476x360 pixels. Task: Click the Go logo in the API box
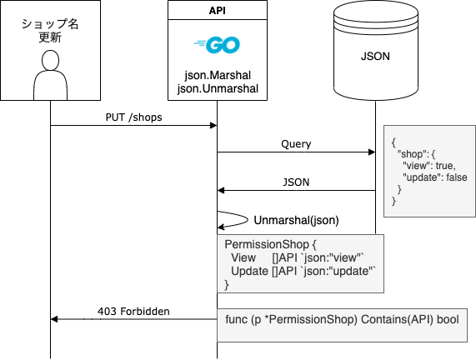coord(217,45)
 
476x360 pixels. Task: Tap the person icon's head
coord(50,60)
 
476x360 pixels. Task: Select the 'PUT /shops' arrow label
coord(133,117)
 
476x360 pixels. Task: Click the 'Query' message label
coord(296,144)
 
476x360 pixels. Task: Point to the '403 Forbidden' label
coord(133,312)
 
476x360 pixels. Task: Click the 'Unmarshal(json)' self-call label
coord(296,220)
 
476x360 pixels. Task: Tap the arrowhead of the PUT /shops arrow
coord(213,125)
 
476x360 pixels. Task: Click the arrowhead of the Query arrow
coord(372,152)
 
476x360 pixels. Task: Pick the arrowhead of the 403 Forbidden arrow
coord(54,319)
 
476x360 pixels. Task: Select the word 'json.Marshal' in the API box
coord(218,75)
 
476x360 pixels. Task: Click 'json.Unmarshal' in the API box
coord(218,88)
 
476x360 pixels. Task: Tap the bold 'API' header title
coord(218,11)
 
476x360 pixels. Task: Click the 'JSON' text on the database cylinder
coord(375,56)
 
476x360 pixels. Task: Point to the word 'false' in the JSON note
coord(457,177)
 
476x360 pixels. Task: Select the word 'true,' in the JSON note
coord(446,166)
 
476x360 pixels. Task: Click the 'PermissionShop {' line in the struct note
coord(270,244)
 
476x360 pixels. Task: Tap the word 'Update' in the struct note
coord(249,271)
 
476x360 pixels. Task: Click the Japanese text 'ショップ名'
coord(50,24)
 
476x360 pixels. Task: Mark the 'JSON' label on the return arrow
coord(296,182)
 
